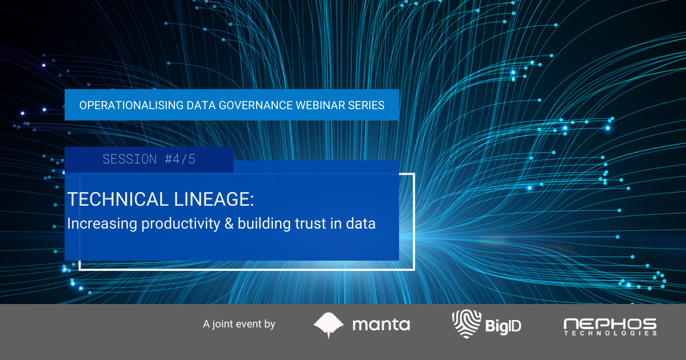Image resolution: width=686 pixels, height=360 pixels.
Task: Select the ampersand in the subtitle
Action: pos(230,224)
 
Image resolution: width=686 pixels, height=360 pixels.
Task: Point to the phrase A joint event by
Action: pos(239,324)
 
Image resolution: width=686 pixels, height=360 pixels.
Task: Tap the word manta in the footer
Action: pos(381,325)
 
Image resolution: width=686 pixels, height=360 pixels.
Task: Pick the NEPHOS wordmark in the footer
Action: pos(610,323)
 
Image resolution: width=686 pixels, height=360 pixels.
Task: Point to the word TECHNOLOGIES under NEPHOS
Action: pos(610,333)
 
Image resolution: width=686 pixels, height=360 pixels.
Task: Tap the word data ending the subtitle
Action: pos(361,224)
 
